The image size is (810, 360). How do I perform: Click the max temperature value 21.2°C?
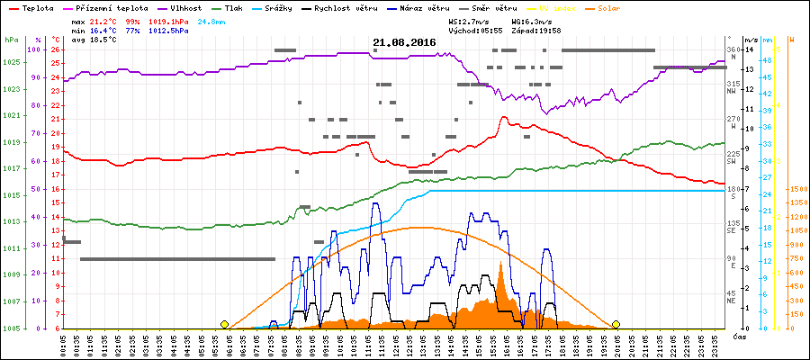(103, 21)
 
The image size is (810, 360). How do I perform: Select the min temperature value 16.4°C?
(103, 31)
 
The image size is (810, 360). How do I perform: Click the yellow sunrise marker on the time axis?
(224, 324)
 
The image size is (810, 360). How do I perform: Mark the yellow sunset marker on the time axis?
(616, 324)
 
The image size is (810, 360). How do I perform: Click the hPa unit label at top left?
(10, 40)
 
